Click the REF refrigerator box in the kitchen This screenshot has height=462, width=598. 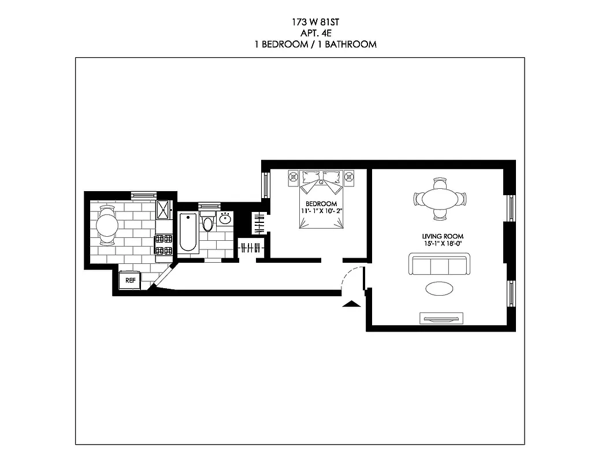[x=130, y=281]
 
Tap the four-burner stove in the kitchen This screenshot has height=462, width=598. [x=164, y=245]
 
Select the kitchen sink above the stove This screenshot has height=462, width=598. [x=164, y=210]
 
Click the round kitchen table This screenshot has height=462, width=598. [x=107, y=225]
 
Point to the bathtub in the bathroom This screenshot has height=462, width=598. [x=188, y=233]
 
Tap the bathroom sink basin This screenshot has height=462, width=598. [x=225, y=219]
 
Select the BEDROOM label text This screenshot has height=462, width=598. [x=321, y=204]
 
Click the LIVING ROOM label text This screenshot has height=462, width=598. [x=443, y=236]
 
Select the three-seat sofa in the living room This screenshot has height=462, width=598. [x=439, y=266]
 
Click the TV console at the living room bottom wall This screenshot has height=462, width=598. [x=442, y=317]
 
